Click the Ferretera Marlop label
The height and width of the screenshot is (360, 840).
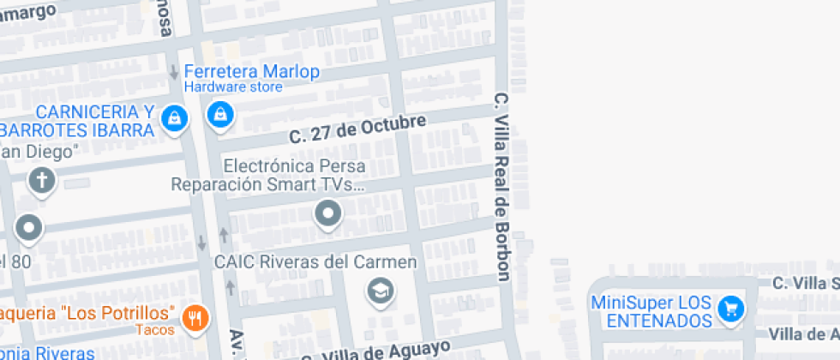pos(252,72)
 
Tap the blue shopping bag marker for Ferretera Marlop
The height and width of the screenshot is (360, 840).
pos(220,113)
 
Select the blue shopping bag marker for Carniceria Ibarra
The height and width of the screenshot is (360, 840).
pos(175,117)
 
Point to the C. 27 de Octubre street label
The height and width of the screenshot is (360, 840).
pos(357,129)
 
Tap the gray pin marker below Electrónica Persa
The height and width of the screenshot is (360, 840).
pos(327,213)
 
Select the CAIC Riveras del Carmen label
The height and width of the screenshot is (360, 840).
pos(315,261)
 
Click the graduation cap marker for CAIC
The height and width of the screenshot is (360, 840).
pos(379,292)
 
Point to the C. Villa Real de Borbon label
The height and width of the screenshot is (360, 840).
pos(502,187)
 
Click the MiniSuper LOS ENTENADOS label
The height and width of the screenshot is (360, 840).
pos(651,311)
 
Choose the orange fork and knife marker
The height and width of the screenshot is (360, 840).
pos(196,317)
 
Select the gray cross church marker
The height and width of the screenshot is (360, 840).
pos(41,180)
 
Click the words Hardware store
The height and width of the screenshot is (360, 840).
pos(233,87)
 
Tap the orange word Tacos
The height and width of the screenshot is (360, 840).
pos(156,330)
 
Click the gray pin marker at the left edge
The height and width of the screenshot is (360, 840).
pos(30,228)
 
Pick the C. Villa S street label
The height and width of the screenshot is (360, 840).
pos(805,283)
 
